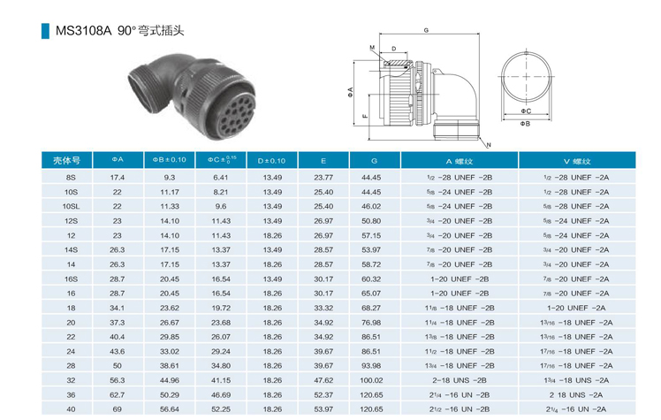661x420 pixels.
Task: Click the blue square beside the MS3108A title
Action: (45, 31)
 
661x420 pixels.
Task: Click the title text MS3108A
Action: (83, 31)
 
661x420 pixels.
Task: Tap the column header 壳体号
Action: (66, 160)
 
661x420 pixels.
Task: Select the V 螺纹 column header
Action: (577, 161)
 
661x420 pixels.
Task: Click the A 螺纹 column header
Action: (459, 161)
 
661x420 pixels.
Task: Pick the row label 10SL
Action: (71, 206)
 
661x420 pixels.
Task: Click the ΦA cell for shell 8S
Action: (118, 178)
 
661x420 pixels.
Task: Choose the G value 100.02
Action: (371, 380)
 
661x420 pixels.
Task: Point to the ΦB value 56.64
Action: (170, 409)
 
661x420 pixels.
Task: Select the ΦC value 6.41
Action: (220, 178)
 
